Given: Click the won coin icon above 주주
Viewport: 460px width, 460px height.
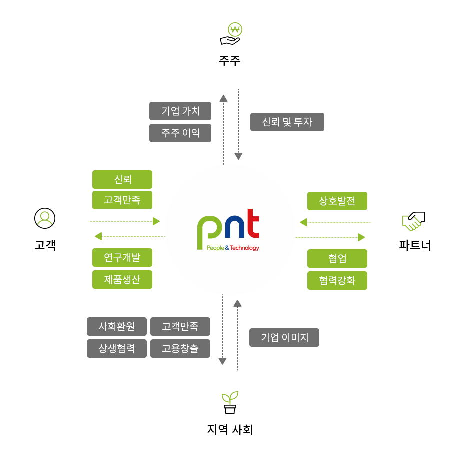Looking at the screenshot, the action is tap(235, 29).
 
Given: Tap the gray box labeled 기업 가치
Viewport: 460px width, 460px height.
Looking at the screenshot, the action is tap(180, 111).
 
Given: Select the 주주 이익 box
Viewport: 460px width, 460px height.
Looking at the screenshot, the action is tap(180, 133).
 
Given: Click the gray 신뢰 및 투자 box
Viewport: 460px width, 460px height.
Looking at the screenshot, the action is tap(287, 122).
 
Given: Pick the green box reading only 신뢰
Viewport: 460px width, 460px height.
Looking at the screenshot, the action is tap(122, 179).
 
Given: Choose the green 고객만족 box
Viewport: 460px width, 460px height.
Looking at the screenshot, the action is tap(122, 200).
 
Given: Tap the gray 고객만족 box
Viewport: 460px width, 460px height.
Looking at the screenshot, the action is tap(180, 326).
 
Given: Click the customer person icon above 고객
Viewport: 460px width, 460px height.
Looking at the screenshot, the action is tap(45, 218).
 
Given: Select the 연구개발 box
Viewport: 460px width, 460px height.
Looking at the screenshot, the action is tap(122, 257).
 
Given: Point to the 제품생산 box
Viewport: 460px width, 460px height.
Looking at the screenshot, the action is tap(122, 279).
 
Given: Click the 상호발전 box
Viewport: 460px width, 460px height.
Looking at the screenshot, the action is tap(337, 201).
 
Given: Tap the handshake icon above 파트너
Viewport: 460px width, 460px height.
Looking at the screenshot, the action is tap(413, 221).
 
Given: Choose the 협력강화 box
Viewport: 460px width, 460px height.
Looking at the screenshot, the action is tap(337, 281).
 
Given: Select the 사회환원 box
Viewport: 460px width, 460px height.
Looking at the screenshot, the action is tap(117, 326).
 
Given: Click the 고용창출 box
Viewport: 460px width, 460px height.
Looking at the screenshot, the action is tap(180, 348).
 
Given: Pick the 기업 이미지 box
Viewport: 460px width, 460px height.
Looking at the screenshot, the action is tap(284, 337).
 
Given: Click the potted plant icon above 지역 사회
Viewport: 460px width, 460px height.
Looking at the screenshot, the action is tap(230, 402).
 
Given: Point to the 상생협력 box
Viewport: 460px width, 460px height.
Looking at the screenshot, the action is tap(117, 348).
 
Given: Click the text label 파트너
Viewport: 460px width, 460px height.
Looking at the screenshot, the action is tap(415, 245).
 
